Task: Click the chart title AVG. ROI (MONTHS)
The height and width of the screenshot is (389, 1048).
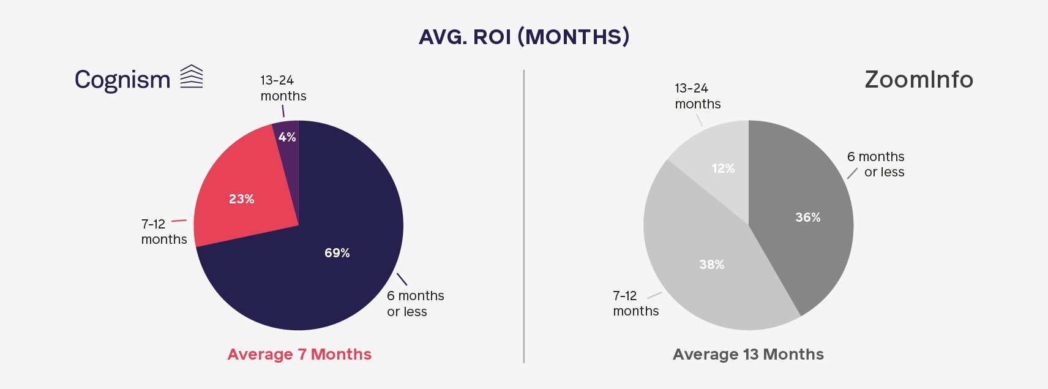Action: (x=524, y=37)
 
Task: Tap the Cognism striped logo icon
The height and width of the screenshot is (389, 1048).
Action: (x=192, y=77)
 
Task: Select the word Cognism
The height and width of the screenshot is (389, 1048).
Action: (x=122, y=80)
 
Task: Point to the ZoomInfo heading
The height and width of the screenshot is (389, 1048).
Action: (x=919, y=79)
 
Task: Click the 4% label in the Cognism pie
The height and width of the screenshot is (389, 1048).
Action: (x=287, y=137)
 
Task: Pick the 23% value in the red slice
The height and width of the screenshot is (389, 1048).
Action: (x=241, y=199)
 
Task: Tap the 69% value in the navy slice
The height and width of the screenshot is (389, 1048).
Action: (x=337, y=253)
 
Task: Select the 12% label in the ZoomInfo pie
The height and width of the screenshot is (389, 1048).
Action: (x=723, y=168)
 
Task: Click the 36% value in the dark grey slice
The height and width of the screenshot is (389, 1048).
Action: (x=808, y=217)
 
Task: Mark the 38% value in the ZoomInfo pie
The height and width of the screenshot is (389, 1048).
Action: (x=711, y=265)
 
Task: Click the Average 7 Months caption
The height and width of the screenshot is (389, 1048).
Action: (x=299, y=354)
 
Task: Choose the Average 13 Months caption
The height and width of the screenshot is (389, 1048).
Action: (x=748, y=354)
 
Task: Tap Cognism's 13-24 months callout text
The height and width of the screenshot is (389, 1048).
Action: (x=283, y=88)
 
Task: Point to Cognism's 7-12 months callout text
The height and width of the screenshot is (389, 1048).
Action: (x=164, y=232)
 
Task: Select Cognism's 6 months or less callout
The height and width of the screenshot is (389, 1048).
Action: (x=416, y=303)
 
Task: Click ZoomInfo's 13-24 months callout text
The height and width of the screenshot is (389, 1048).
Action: (x=698, y=96)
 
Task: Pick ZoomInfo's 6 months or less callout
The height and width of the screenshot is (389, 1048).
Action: (x=876, y=164)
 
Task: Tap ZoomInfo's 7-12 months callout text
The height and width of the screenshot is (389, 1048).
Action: (x=636, y=303)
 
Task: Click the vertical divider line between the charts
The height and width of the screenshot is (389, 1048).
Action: (x=523, y=216)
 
